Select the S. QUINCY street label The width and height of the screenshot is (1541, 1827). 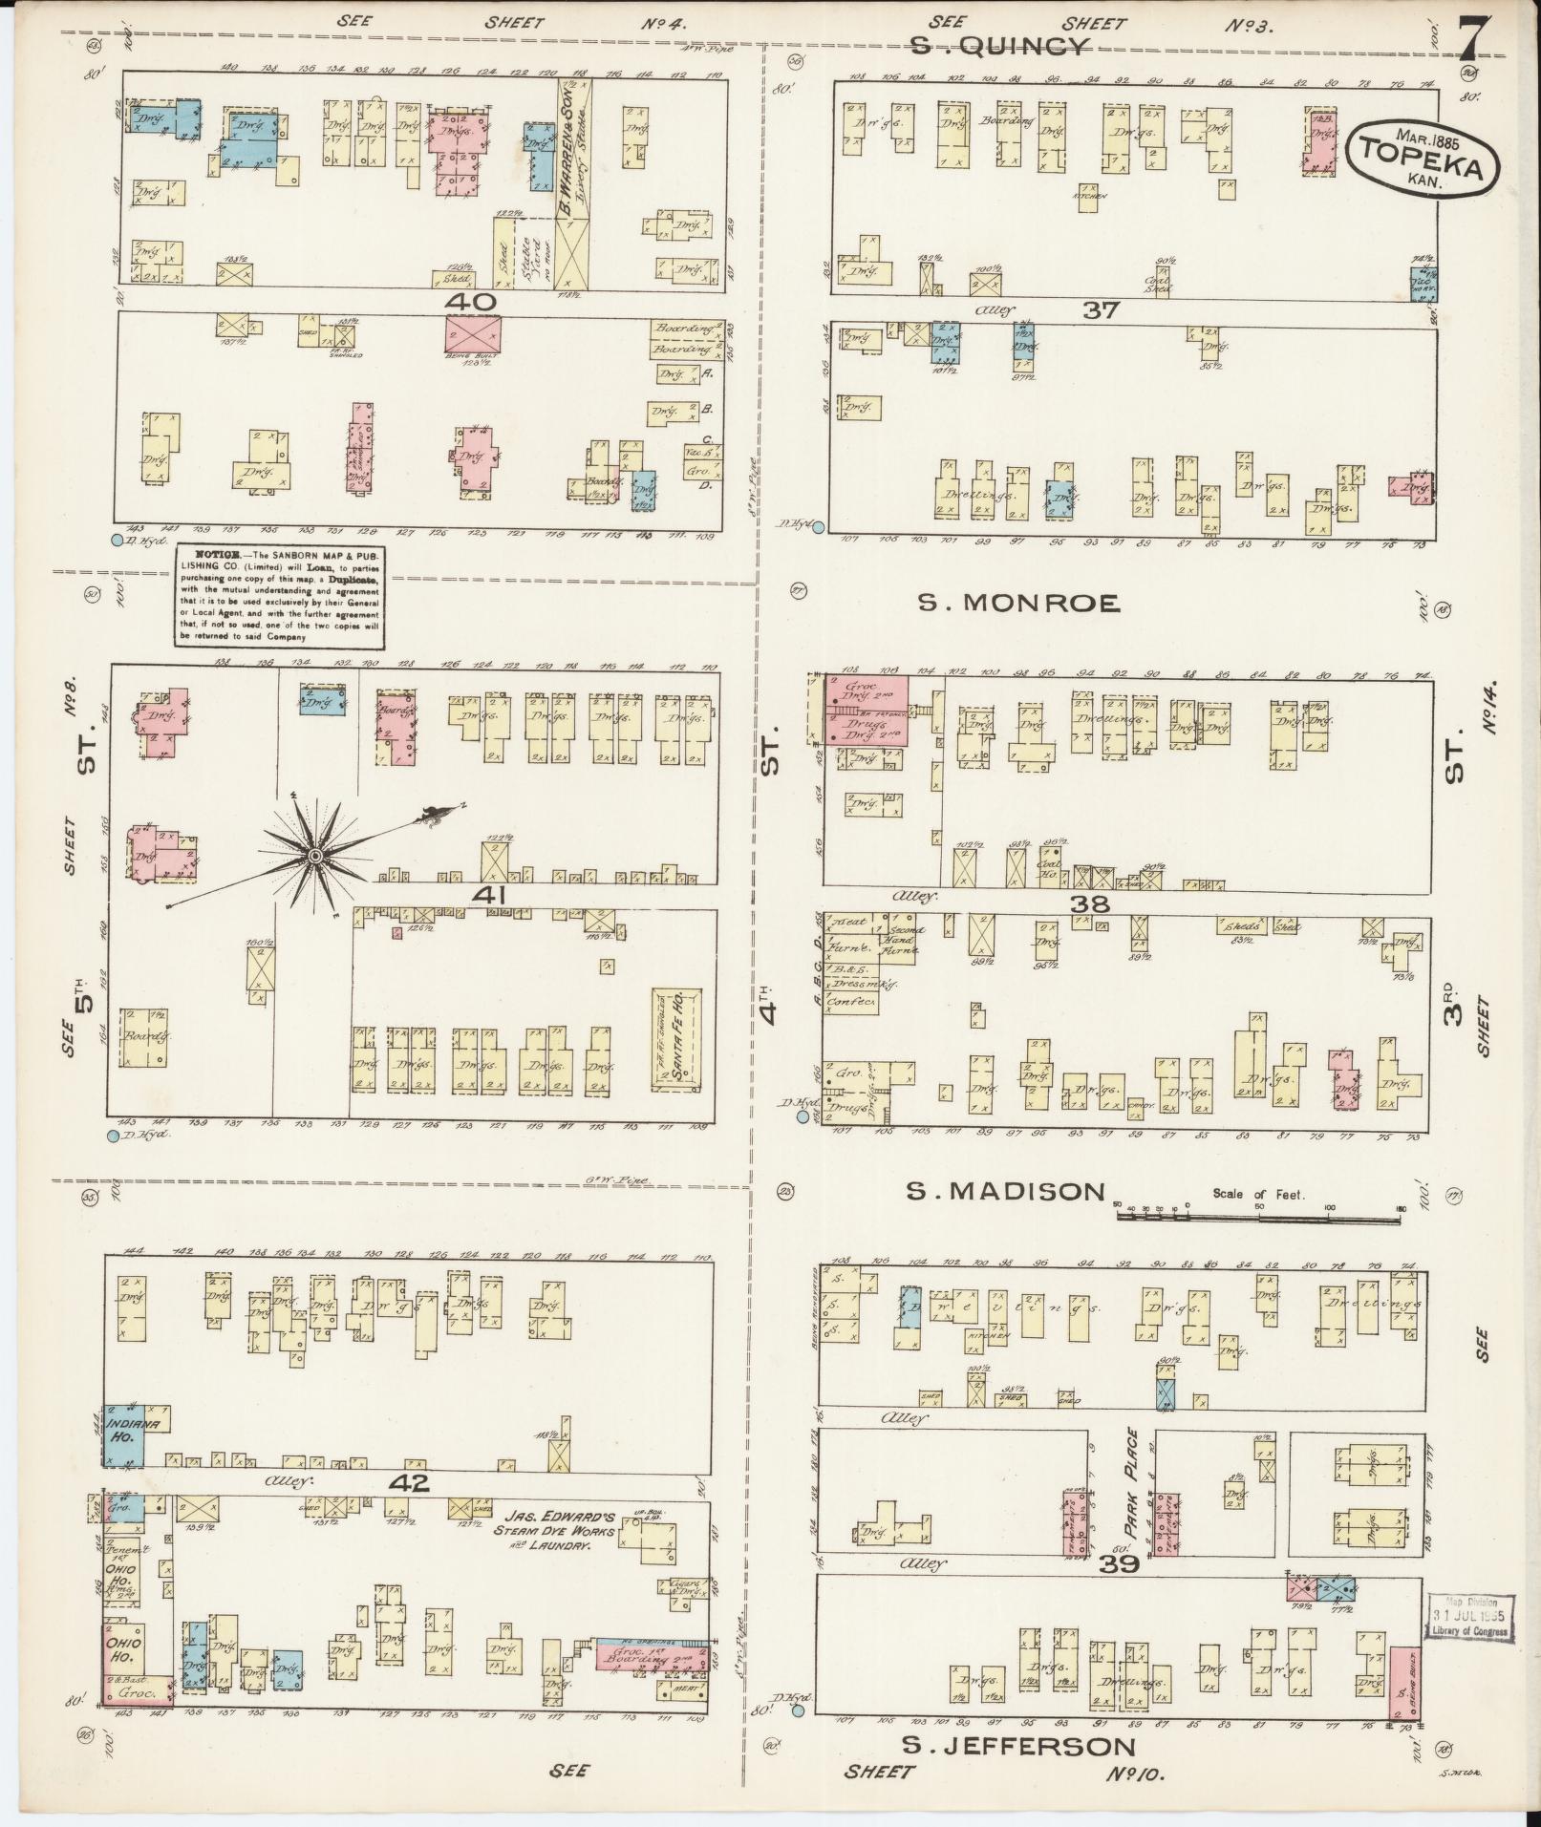tap(999, 47)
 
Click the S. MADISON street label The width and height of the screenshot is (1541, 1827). tap(1005, 1191)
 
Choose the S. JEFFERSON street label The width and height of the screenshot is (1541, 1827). tap(1019, 1746)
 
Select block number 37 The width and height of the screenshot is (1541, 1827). tap(1101, 309)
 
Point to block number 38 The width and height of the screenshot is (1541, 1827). tap(1088, 903)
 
